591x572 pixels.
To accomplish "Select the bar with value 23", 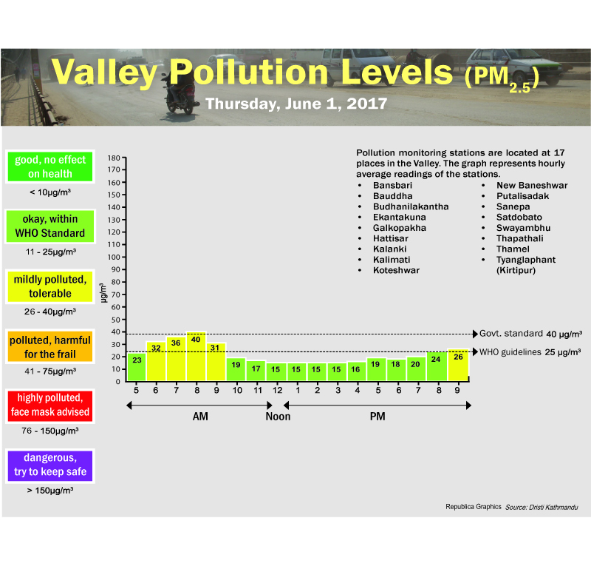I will pos(137,367).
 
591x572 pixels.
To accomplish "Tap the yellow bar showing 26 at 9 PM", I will pos(458,365).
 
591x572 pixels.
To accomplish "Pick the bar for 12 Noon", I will pos(276,371).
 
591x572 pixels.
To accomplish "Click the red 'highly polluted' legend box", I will pos(50,404).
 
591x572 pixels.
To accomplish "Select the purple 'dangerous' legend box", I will pos(50,465).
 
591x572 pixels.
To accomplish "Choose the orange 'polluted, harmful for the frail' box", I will pos(50,346).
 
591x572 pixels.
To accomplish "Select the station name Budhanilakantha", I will pos(411,206).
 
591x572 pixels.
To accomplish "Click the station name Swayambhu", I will pos(523,228).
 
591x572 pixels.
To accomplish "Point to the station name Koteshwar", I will pos(396,271).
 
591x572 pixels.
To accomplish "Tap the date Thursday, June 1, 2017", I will pos(295,104).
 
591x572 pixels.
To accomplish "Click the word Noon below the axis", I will pos(278,417).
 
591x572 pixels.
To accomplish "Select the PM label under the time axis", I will pos(377,417).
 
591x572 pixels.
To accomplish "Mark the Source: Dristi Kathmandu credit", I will pos(542,507).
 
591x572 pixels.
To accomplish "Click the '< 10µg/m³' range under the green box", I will pos(50,192).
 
